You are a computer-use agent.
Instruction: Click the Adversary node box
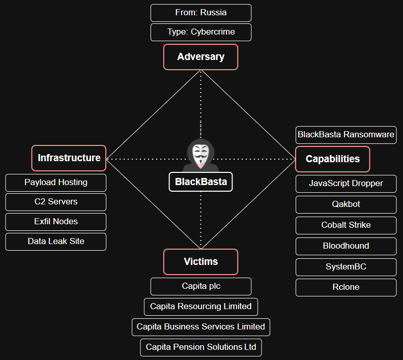coord(200,57)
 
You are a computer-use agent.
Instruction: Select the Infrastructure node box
coord(69,158)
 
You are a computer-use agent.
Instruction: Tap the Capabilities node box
coord(332,159)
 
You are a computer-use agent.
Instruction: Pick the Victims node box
coord(200,262)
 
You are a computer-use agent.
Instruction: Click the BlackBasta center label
coord(200,182)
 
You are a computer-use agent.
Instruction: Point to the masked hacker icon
coord(201,153)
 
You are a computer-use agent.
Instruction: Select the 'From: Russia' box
coord(200,13)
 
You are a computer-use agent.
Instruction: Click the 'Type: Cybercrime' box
coord(200,32)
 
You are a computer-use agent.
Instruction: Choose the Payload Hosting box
coord(56,183)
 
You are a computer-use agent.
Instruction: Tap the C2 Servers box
coord(56,202)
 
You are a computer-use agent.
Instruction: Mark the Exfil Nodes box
coord(56,222)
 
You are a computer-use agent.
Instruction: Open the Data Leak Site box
coord(56,242)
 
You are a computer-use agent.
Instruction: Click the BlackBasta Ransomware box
coord(346,135)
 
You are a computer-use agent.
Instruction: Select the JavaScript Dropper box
coord(346,184)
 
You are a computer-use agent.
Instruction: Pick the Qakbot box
coord(346,204)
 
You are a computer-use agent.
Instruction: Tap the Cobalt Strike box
coord(346,225)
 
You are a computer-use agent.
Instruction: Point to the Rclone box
coord(346,287)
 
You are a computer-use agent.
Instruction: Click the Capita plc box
coord(200,286)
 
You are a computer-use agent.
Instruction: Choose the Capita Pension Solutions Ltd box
coord(200,347)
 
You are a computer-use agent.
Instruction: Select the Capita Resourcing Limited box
coord(200,307)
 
